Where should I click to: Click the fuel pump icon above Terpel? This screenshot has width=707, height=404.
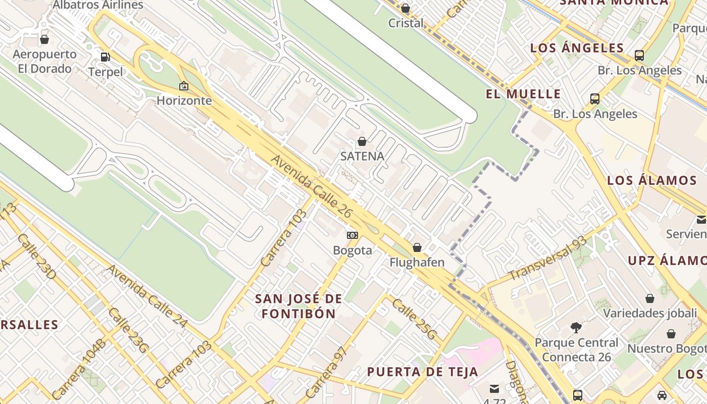point(105,57)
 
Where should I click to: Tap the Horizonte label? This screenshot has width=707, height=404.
point(184,100)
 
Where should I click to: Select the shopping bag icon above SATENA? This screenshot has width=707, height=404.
point(362,141)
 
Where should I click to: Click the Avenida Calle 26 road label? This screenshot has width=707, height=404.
point(311,186)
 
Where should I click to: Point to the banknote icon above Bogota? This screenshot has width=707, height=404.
point(352,235)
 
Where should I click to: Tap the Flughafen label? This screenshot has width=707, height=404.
point(417,262)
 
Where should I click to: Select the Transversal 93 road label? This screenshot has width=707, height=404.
point(547,259)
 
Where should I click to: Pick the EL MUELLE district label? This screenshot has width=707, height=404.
point(523,94)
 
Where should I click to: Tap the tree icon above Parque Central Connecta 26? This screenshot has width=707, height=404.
point(576,328)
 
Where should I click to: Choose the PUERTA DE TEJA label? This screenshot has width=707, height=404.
point(422,372)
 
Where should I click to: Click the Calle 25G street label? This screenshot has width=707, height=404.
point(414,319)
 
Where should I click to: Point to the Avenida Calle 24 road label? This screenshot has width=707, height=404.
point(147,296)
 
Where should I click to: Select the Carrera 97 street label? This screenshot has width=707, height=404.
point(326,373)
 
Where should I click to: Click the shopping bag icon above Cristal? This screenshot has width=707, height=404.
point(405,8)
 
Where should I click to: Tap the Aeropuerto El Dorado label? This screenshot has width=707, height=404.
point(44,61)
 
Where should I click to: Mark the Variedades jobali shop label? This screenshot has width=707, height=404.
point(650,313)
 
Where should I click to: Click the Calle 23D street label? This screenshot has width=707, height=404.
point(36,256)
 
